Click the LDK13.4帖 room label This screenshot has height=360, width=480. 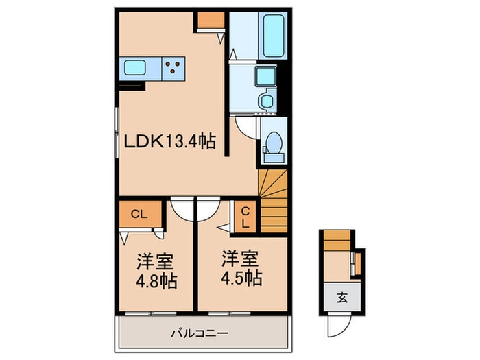coord(170,142)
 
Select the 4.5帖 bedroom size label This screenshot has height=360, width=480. coord(241,277)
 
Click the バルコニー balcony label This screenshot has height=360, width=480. coord(200,333)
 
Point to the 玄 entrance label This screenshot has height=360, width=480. coord(342,297)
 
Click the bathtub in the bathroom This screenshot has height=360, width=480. coord(274,36)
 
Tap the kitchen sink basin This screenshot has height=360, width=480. coord(134,68)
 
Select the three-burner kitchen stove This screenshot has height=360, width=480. coord(173,69)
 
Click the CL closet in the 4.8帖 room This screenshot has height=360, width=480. coord(140,214)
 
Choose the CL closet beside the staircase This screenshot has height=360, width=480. coord(245,217)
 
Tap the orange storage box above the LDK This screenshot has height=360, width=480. coord(211,20)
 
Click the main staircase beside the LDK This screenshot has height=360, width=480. coord(273,202)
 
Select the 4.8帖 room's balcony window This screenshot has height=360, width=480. coord(151,313)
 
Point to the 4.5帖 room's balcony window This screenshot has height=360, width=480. coord(230,313)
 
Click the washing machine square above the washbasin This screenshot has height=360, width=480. coord(266,76)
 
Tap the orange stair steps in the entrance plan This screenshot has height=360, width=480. coord(337,241)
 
